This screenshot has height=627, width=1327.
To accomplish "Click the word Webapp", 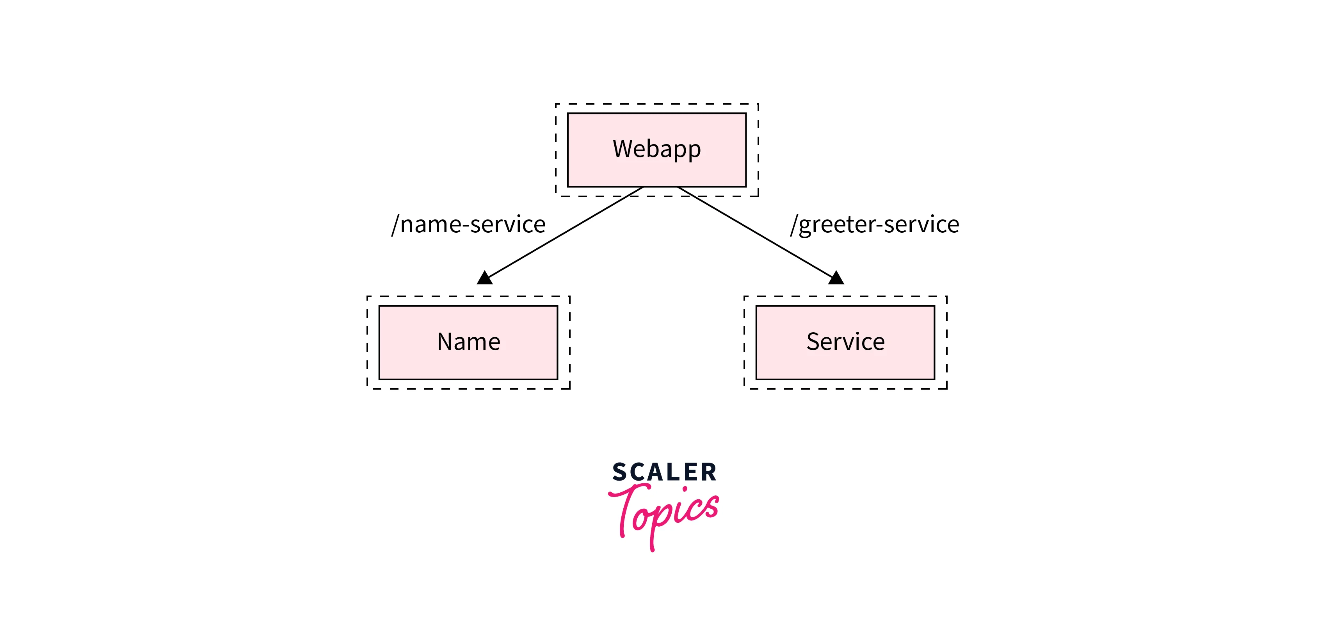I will click(656, 150).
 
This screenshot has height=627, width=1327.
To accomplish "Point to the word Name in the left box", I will click(468, 342).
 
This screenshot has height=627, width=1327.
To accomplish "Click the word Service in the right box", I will click(845, 342).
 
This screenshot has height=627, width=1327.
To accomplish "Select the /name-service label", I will click(468, 224).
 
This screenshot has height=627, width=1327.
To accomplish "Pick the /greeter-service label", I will click(875, 224).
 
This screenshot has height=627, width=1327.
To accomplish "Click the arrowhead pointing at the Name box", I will click(485, 278).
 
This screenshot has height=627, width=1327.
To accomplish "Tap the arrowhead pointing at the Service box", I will click(836, 278).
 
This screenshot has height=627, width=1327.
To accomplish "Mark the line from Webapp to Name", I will click(564, 233).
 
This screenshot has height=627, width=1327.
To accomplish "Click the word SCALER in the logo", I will click(664, 472).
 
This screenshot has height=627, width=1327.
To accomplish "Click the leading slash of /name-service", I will click(395, 224).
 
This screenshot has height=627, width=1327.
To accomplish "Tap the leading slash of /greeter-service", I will click(794, 224).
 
